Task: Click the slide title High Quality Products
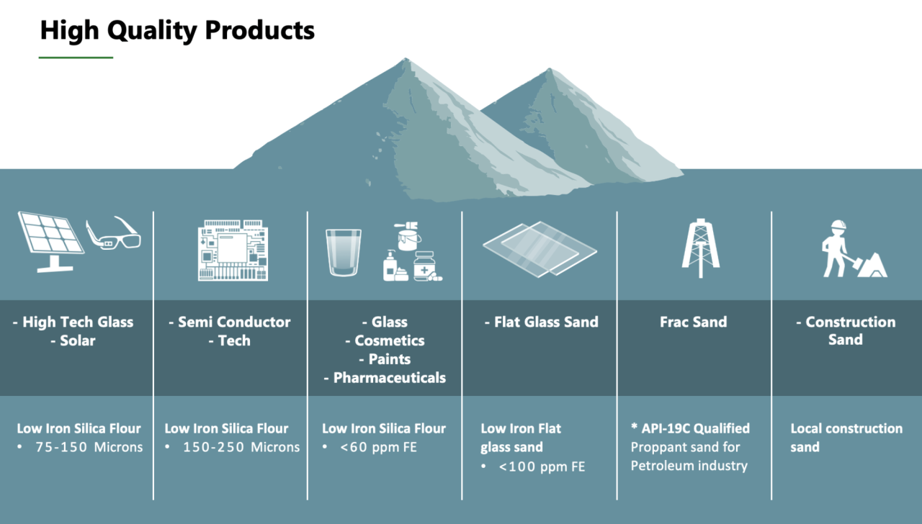[x=176, y=30]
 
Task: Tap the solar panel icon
[x=49, y=240]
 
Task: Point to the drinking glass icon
[x=343, y=252]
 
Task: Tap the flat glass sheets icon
[x=540, y=248]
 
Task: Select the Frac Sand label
[x=693, y=322]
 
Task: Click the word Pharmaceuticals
[x=389, y=377]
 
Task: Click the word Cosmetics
[x=389, y=340]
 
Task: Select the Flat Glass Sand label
[x=545, y=322]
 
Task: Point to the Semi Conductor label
[x=234, y=322]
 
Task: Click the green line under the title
[x=76, y=57]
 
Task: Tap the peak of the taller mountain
[x=406, y=60]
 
